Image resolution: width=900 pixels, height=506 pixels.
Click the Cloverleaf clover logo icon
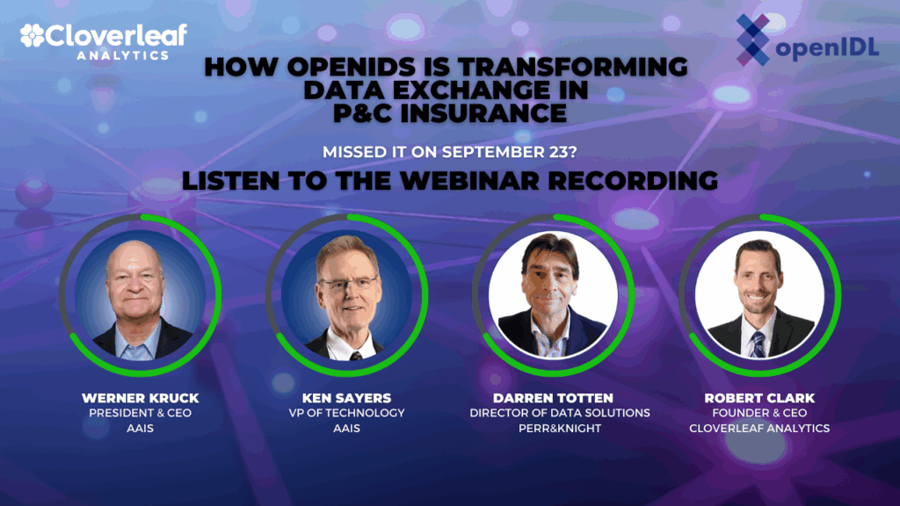(33, 36)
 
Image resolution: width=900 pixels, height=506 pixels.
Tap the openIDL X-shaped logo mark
(751, 40)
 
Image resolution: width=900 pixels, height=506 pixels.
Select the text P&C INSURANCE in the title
(449, 112)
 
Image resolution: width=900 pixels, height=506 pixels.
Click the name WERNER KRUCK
(141, 398)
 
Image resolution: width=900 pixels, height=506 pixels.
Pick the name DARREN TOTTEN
(554, 398)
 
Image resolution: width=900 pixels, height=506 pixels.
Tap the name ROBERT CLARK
(760, 398)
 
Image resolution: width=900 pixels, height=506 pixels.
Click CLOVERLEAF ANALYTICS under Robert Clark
(760, 428)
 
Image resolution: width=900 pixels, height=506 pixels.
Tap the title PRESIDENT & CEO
(141, 413)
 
